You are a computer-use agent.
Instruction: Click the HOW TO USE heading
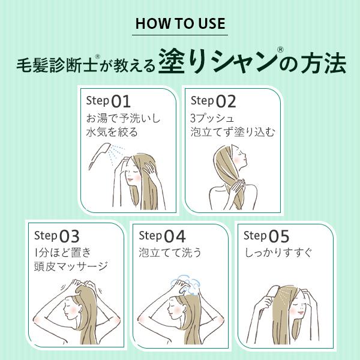(x=180, y=24)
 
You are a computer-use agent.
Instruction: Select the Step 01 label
(x=108, y=100)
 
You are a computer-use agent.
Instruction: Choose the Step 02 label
(x=213, y=100)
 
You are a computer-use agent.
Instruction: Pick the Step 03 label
(x=56, y=235)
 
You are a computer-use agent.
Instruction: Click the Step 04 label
(x=162, y=235)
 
